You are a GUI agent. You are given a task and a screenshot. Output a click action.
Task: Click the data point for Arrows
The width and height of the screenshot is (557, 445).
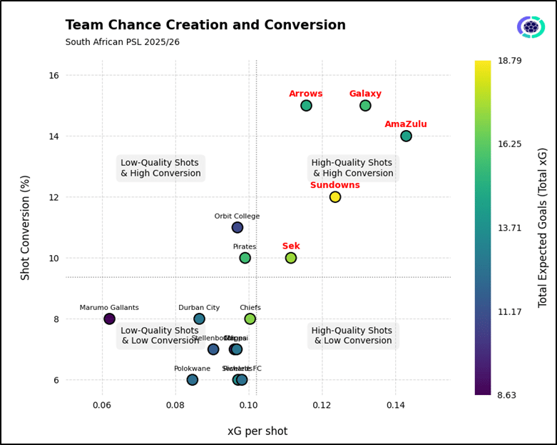point(306,106)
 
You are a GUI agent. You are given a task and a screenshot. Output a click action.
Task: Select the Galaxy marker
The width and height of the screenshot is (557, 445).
point(365,106)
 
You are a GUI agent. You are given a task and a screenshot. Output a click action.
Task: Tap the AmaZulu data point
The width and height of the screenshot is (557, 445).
point(406,136)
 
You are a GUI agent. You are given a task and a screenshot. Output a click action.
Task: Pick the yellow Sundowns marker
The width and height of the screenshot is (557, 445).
point(335,197)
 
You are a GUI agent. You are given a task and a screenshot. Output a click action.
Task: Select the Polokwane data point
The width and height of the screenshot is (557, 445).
point(193,380)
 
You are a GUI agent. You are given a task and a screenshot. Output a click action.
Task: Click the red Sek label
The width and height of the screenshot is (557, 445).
point(291,246)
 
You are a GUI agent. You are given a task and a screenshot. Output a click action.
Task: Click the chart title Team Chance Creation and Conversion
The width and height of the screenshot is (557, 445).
point(205,26)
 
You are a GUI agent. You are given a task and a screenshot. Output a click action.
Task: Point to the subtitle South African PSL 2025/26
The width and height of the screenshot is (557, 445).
point(123,43)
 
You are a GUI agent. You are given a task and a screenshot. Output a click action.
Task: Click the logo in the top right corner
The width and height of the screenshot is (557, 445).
point(531,27)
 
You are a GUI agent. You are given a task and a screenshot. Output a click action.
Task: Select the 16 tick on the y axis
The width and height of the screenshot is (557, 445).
point(53,76)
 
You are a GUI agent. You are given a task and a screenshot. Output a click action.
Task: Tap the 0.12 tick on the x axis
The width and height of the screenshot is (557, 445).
point(322,406)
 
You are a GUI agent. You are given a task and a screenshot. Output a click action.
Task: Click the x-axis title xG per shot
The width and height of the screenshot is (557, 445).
point(257,431)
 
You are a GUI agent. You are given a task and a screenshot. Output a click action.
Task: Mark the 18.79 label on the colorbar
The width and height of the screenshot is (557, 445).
point(528,61)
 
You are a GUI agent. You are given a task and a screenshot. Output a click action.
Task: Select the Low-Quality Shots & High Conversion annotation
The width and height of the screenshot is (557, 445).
point(160,168)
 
